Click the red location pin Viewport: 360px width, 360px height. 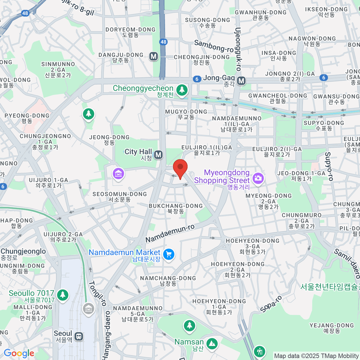point(180,168)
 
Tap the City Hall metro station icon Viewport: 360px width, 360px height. point(158,155)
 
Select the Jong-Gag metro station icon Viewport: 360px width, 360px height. point(241,81)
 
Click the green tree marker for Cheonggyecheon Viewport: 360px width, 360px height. point(181,90)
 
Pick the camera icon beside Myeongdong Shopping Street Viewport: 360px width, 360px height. point(258,178)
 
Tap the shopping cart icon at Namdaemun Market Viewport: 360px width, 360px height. point(169,254)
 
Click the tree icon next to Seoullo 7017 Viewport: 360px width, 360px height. point(63,295)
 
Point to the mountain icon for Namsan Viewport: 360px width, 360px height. point(212,343)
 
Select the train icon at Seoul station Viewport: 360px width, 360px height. point(79,336)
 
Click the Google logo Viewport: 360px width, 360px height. point(19,353)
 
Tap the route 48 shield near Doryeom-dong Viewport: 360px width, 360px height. point(163,42)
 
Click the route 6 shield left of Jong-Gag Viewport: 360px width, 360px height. point(197,79)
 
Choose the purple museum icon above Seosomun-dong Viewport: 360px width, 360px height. point(118,173)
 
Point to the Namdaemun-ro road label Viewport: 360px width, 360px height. point(170,233)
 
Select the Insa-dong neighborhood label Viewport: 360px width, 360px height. point(279,55)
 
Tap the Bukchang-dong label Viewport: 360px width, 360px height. point(176,208)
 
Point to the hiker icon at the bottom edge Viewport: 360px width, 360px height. point(259,351)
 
